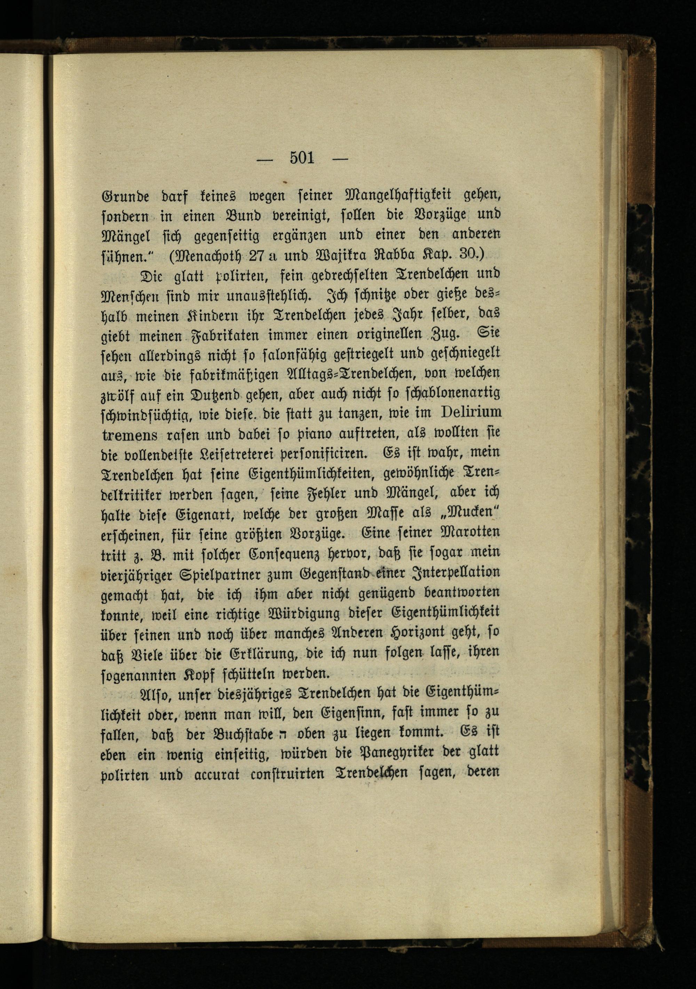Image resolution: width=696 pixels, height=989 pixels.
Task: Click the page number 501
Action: click(x=302, y=158)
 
